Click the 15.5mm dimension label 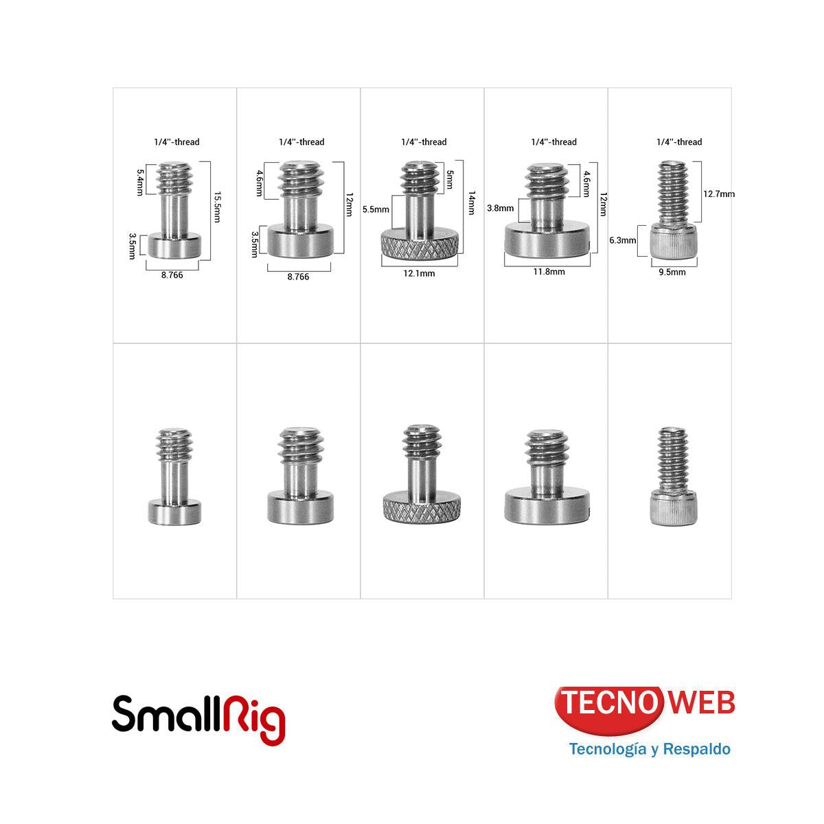click(x=217, y=211)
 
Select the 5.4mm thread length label click(x=140, y=183)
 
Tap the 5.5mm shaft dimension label click(x=376, y=209)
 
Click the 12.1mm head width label click(x=420, y=273)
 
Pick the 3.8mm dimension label click(x=500, y=208)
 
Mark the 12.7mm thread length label click(x=718, y=194)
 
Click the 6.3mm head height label click(x=622, y=240)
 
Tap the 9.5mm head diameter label click(x=672, y=272)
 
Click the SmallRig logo click(x=198, y=718)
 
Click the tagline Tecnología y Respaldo click(x=649, y=748)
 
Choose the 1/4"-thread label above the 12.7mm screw click(x=678, y=142)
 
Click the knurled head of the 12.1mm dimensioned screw click(x=420, y=247)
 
